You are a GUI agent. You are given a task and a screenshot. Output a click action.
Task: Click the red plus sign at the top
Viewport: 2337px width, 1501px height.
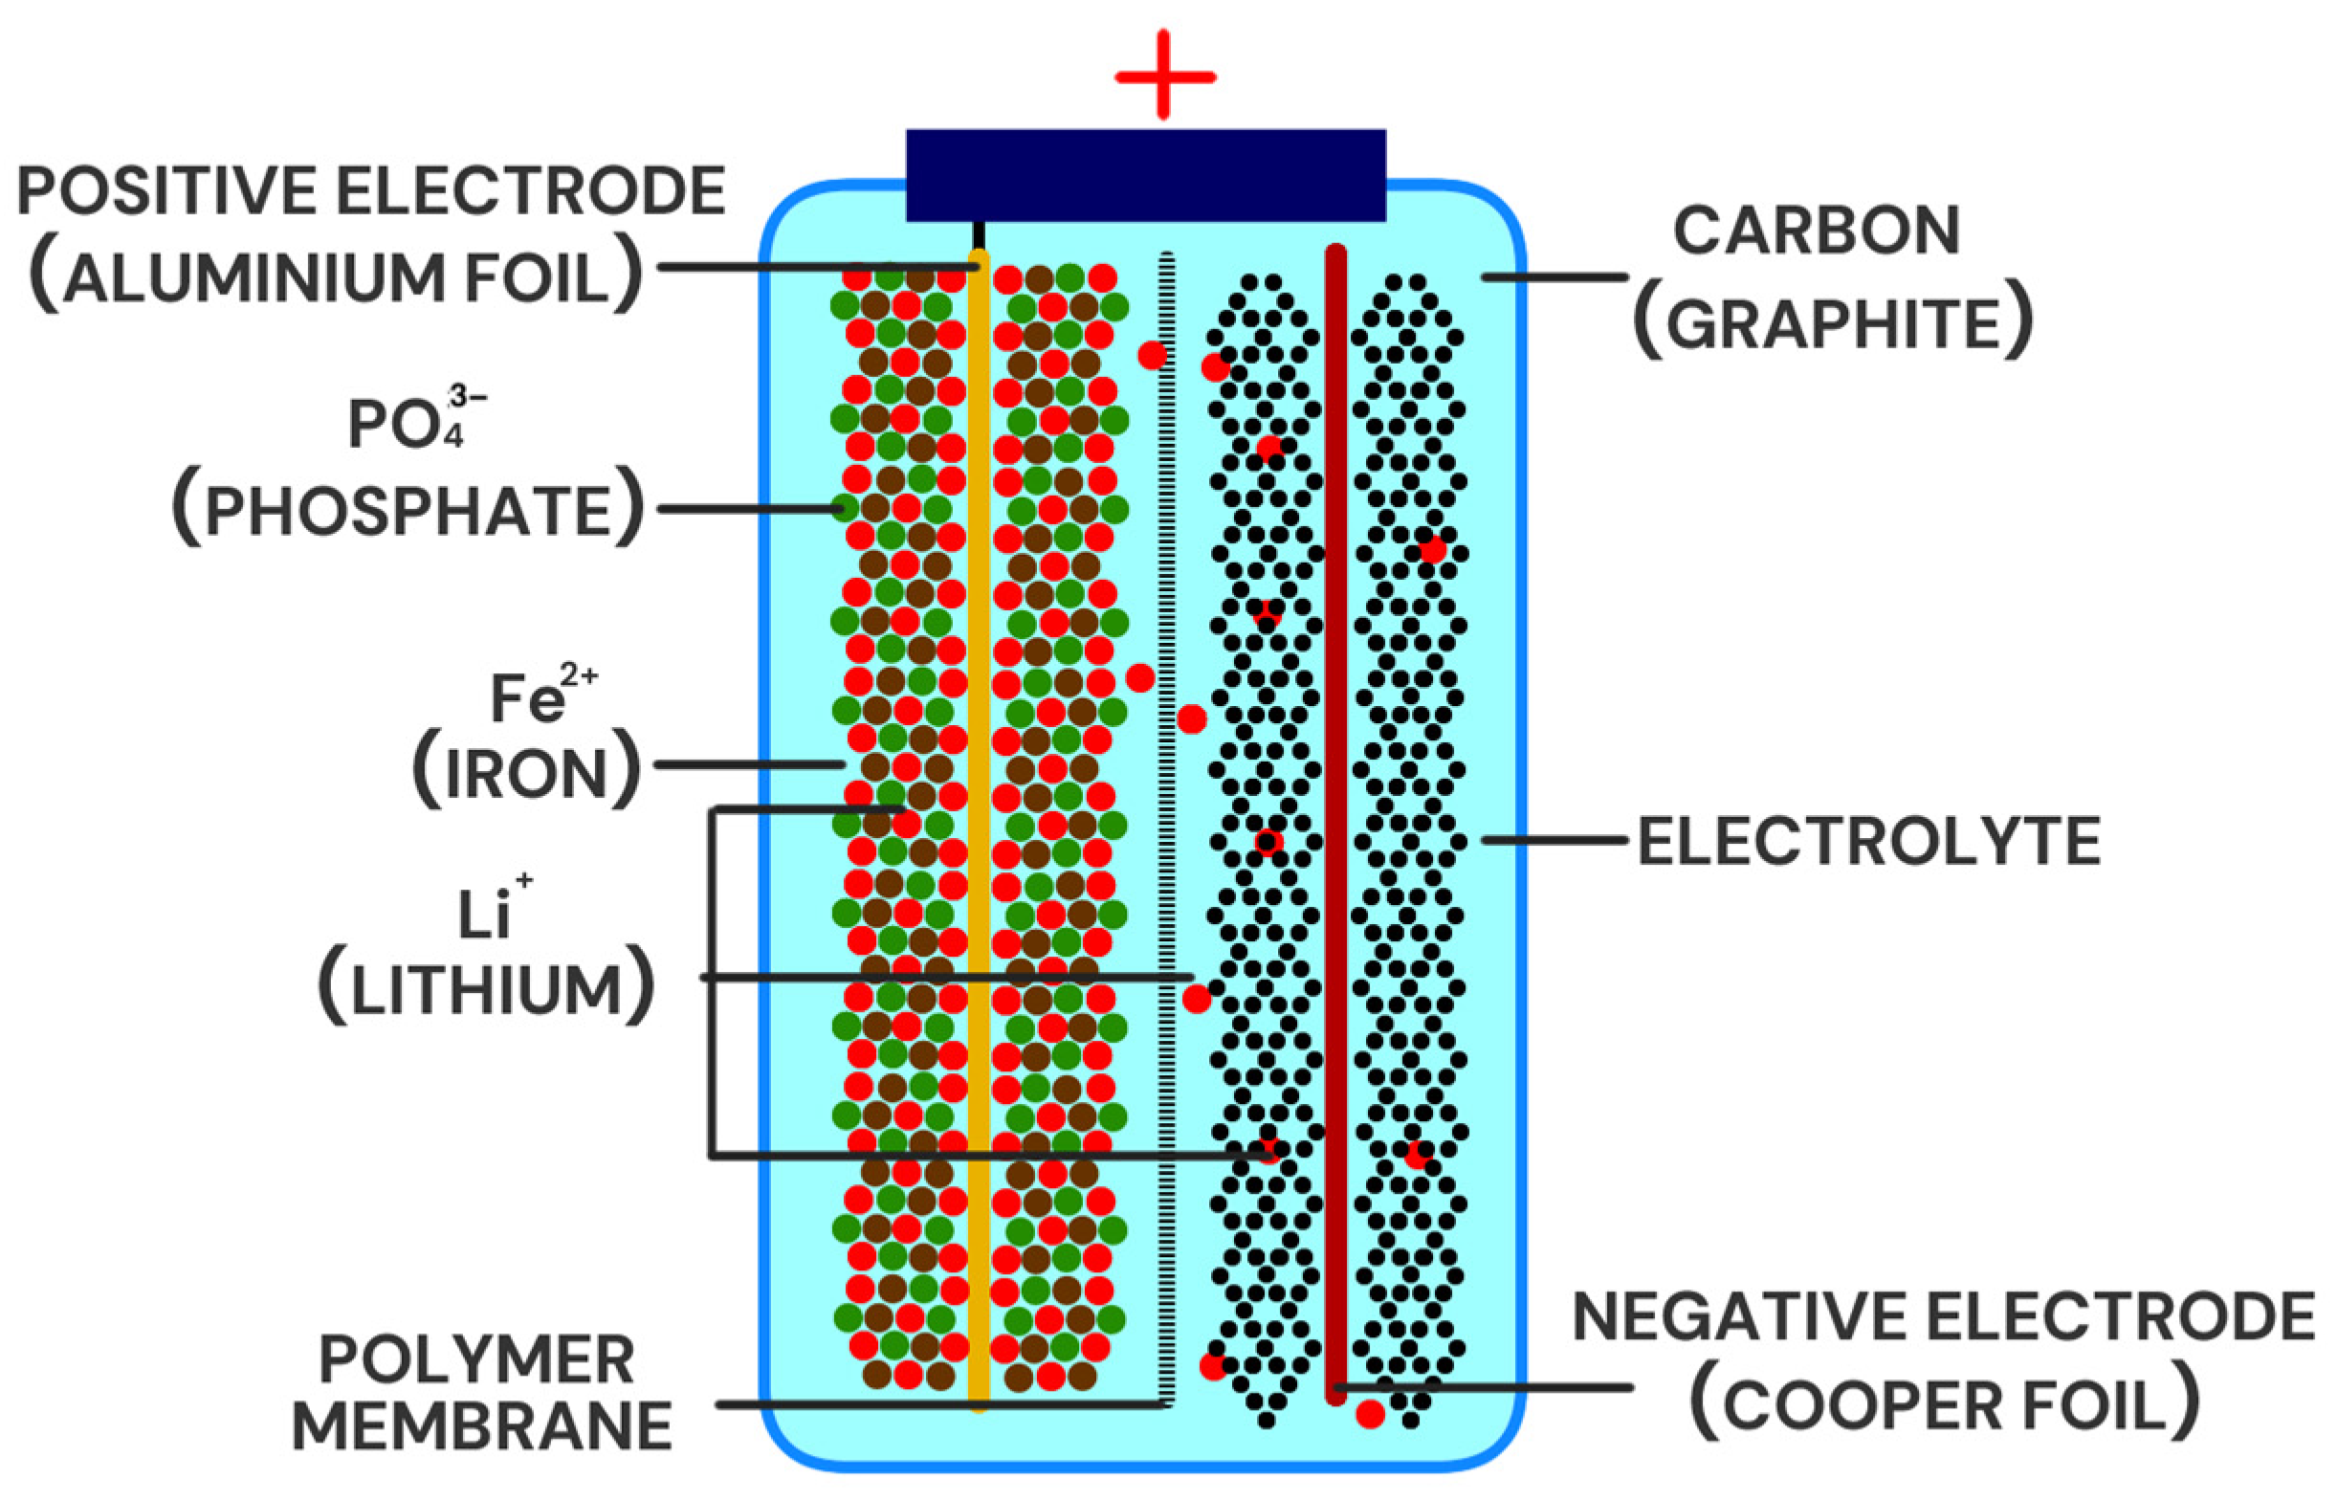click(1164, 76)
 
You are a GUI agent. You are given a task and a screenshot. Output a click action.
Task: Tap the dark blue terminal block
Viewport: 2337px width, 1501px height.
click(1146, 175)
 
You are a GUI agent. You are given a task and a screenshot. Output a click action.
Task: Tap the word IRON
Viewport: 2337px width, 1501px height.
click(526, 775)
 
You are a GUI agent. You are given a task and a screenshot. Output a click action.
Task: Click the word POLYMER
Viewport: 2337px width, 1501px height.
click(476, 1359)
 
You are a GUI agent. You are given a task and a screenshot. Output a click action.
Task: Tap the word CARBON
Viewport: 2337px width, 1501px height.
click(1817, 231)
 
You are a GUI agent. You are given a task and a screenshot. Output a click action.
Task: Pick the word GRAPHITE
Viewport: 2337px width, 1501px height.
click(1832, 323)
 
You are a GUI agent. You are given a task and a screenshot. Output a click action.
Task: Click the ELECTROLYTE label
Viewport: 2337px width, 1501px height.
click(1868, 841)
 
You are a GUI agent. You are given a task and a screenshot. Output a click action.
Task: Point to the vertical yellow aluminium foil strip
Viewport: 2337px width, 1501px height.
click(979, 682)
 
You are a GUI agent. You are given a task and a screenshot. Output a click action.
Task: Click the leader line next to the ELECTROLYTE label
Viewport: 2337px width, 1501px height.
click(1554, 839)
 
